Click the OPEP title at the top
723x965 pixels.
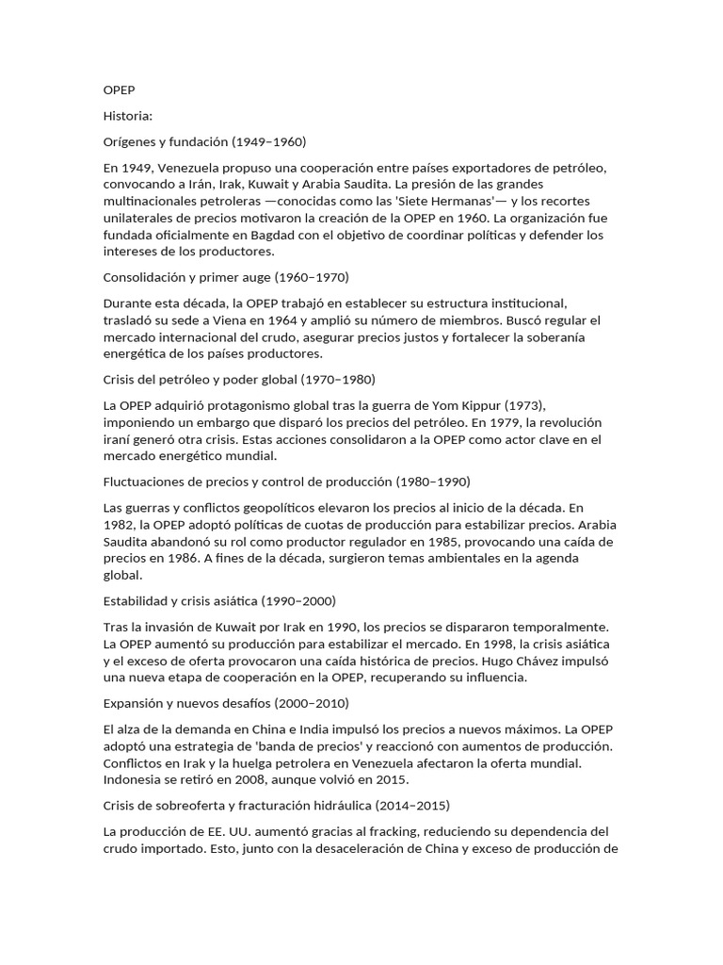119,90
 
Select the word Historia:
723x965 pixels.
127,116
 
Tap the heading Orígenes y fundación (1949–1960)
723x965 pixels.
204,142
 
